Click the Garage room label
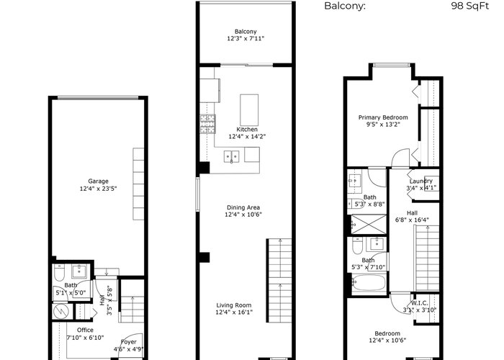click(98, 181)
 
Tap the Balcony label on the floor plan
click(246, 32)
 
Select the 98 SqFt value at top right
click(469, 6)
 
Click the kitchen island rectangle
click(249, 110)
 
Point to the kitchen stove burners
click(207, 124)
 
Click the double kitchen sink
click(231, 156)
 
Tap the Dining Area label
click(243, 207)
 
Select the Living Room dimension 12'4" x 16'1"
click(234, 312)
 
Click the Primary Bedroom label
click(383, 117)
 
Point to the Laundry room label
click(420, 181)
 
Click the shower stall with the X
click(369, 225)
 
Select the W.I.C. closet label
click(420, 303)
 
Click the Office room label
click(85, 330)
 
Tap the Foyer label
click(129, 342)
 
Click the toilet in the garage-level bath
click(60, 273)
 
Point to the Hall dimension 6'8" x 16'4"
click(412, 220)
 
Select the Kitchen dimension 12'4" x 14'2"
click(247, 136)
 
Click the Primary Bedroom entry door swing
click(400, 158)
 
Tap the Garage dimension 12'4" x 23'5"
click(98, 189)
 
